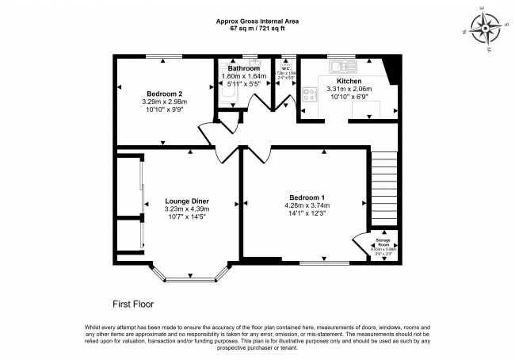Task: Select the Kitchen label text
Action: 349,82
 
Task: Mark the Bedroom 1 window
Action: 324,261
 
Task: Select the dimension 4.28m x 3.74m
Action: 307,205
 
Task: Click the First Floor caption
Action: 132,304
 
